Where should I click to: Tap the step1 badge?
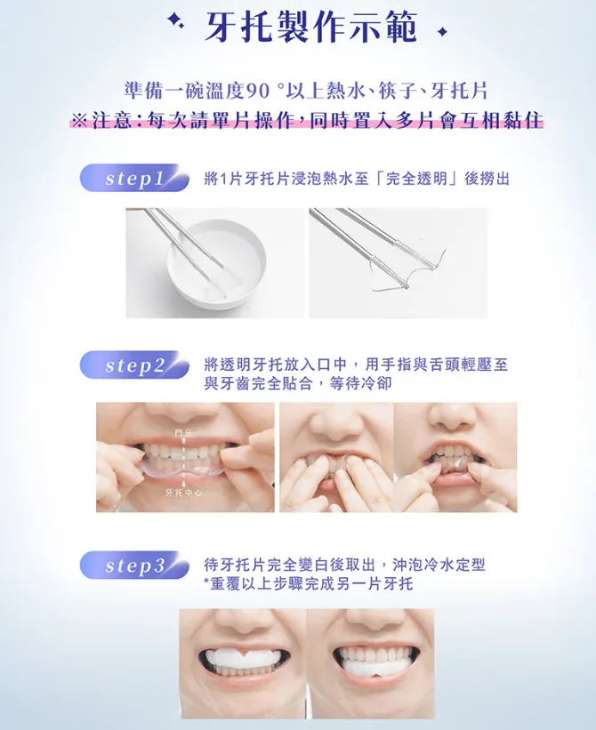[x=135, y=179]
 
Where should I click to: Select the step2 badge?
[x=135, y=365]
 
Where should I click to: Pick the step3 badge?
[x=135, y=566]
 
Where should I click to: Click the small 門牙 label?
[x=183, y=432]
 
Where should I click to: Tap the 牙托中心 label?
[x=181, y=492]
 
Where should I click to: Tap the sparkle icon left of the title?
[x=178, y=24]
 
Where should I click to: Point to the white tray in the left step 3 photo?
[x=243, y=659]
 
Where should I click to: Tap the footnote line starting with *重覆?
[x=308, y=584]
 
